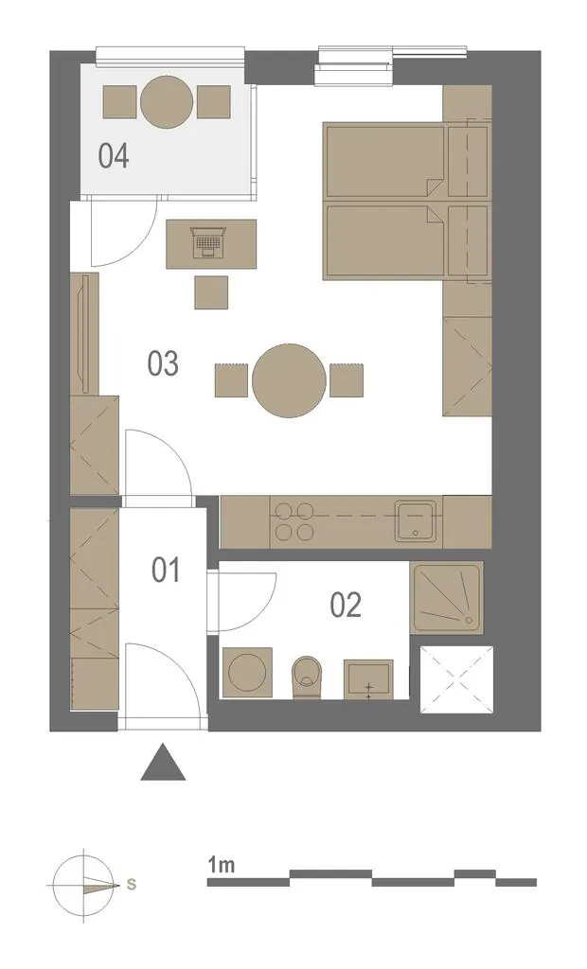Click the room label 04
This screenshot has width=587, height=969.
click(114, 156)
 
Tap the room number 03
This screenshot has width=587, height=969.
click(163, 363)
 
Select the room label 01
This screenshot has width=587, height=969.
click(167, 570)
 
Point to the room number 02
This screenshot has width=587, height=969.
click(346, 605)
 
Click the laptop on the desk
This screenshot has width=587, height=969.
click(208, 241)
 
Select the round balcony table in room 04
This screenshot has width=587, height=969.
click(167, 102)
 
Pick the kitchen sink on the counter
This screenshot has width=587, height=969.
click(416, 520)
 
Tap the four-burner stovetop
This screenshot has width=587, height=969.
click(294, 521)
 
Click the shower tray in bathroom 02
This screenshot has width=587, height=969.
click(447, 598)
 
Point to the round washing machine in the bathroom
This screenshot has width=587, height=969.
click(246, 673)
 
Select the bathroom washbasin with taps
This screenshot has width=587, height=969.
click(368, 679)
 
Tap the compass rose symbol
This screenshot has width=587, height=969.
click(83, 885)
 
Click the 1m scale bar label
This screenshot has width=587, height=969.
click(222, 865)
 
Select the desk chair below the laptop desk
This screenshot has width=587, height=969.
click(211, 292)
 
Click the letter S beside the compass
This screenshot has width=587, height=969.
click(132, 885)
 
